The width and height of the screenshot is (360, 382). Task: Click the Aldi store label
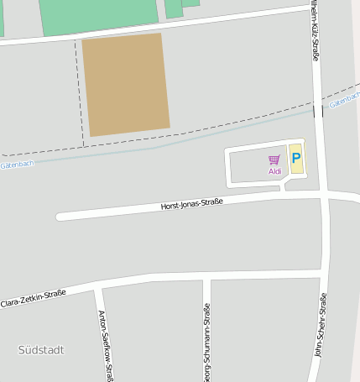pyautogui.click(x=274, y=171)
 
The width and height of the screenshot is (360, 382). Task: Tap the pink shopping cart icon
pyautogui.click(x=274, y=160)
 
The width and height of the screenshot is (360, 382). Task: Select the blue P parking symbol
pyautogui.click(x=295, y=157)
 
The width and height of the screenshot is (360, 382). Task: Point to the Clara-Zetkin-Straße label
pyautogui.click(x=33, y=298)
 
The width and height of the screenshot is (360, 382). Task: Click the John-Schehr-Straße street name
pyautogui.click(x=320, y=326)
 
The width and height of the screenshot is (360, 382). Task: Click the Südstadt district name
pyautogui.click(x=40, y=349)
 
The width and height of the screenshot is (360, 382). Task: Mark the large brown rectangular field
pyautogui.click(x=126, y=84)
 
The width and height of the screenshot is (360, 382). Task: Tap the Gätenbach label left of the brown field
pyautogui.click(x=17, y=164)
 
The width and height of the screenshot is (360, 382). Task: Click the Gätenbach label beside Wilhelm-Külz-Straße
pyautogui.click(x=344, y=102)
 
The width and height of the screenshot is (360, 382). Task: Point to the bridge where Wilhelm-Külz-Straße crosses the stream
pyautogui.click(x=317, y=111)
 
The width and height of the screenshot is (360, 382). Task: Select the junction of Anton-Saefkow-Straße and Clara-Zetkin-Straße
pyautogui.click(x=97, y=288)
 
